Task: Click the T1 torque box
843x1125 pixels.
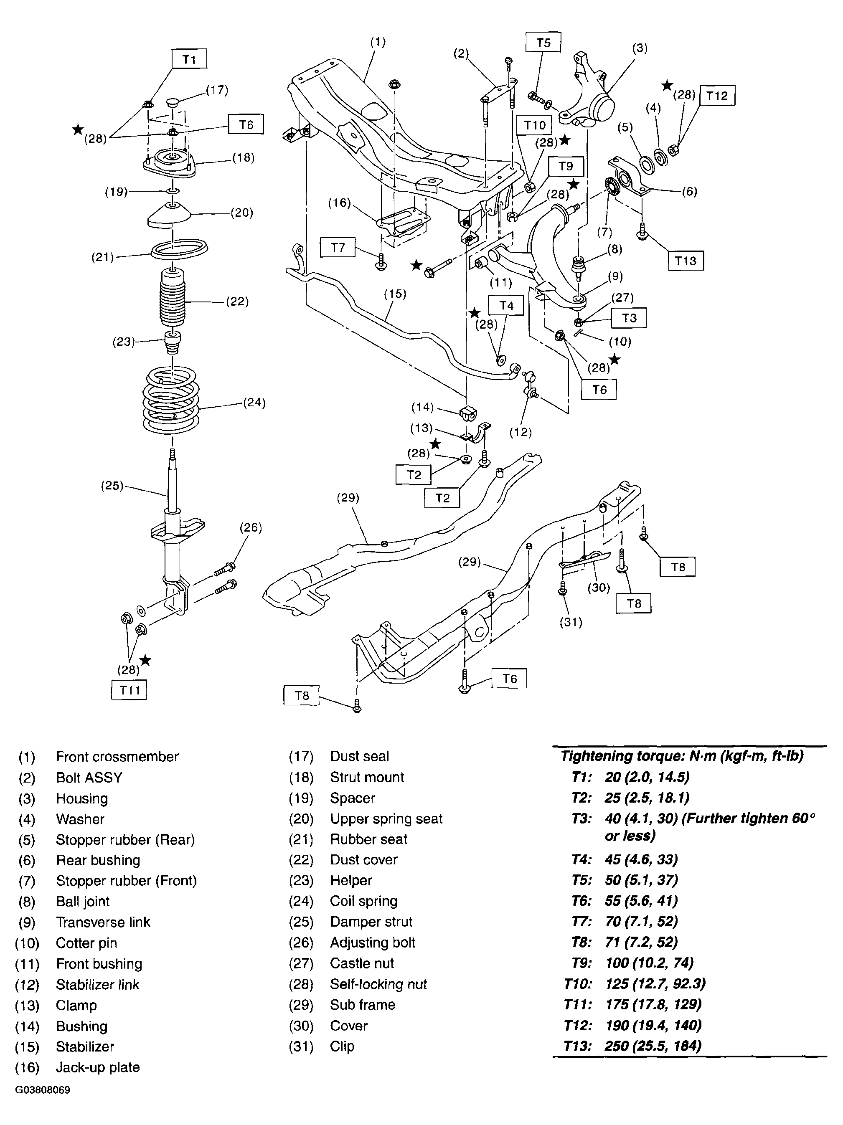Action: point(189,59)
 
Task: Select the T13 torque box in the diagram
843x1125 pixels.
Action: point(685,261)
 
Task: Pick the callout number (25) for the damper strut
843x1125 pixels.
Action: point(112,486)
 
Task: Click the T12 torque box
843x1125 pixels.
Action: point(717,96)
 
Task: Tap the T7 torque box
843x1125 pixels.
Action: point(338,248)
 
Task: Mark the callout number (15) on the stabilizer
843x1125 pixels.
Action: point(395,294)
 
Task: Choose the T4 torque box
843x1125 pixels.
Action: point(506,306)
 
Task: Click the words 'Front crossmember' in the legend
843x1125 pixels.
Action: point(117,757)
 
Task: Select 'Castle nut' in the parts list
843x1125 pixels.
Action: point(362,963)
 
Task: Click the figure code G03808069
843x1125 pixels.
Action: point(43,1090)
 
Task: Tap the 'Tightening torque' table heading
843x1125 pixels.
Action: point(682,756)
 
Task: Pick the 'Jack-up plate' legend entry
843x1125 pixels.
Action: point(98,1067)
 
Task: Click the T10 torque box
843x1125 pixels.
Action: point(535,125)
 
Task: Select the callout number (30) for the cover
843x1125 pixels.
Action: point(599,588)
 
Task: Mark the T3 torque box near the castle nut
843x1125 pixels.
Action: point(629,318)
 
